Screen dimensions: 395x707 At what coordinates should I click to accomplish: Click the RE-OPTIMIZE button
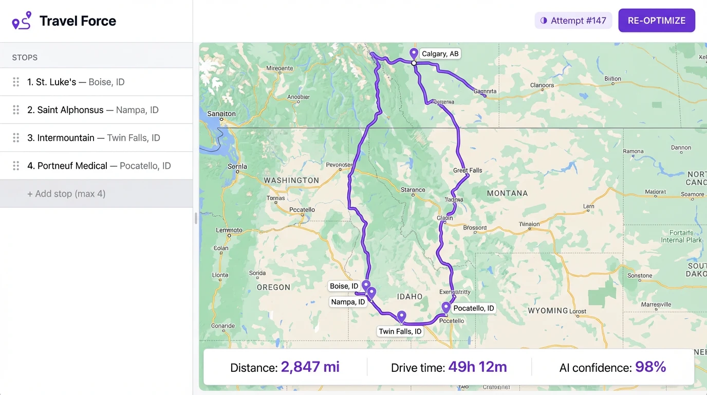[657, 21]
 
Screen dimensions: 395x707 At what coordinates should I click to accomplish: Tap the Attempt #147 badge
[573, 21]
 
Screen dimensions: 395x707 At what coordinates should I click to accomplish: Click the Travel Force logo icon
[22, 21]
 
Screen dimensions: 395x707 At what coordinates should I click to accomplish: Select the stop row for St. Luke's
[96, 82]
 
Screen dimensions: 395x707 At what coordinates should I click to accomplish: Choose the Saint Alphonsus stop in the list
[96, 110]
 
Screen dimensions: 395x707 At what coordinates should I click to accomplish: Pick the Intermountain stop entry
[96, 138]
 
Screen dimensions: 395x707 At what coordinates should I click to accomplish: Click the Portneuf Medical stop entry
[96, 166]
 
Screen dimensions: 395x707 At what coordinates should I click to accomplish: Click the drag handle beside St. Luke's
[16, 82]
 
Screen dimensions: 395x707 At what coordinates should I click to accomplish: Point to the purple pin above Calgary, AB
[414, 53]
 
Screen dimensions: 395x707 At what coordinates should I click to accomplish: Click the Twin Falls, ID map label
[400, 331]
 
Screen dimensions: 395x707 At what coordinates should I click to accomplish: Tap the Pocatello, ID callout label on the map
[473, 308]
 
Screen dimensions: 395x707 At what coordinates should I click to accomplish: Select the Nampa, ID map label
[348, 302]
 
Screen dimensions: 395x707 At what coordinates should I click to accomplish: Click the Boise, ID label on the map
[344, 286]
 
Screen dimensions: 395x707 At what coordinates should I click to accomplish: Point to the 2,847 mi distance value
[310, 367]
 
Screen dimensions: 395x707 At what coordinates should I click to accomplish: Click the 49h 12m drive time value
[477, 367]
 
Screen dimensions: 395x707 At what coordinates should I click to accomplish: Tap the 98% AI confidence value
[650, 367]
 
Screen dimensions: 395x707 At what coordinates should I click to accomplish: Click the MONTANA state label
[507, 193]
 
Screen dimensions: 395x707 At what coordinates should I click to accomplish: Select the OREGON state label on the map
[273, 288]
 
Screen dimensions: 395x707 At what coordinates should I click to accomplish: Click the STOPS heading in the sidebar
[25, 58]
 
